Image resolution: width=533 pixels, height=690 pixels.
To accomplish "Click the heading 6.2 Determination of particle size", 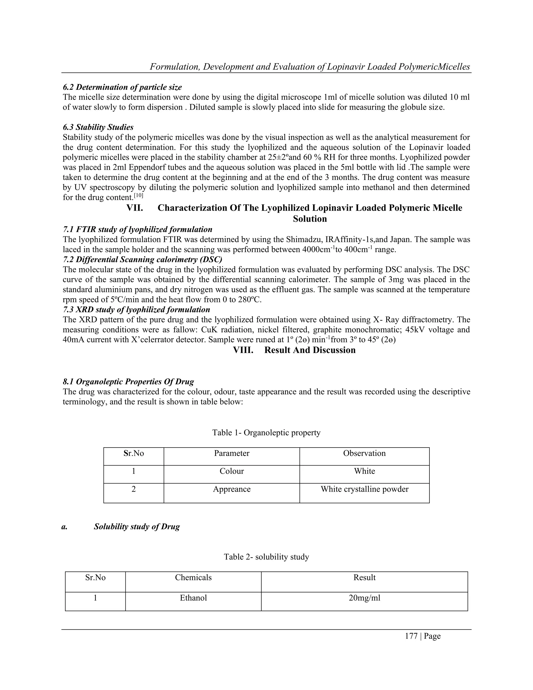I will tap(122, 87).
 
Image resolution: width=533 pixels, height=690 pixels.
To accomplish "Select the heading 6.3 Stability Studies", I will tap(98, 127).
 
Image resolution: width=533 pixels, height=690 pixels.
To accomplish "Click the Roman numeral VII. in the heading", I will tap(135, 208).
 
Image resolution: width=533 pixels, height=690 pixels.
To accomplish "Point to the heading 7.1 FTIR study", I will tap(137, 229).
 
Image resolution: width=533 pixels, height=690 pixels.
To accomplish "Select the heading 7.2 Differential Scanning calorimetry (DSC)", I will tap(142, 260).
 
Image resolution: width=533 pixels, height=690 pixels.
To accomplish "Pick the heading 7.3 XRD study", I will tap(136, 310).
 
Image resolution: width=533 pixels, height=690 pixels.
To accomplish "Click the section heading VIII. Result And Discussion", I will tap(294, 350).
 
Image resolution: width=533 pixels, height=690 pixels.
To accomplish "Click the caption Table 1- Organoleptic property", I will tap(266, 432).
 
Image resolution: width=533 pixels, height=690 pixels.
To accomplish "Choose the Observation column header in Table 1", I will tap(364, 453).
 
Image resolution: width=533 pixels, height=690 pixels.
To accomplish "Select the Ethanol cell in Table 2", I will tap(193, 598).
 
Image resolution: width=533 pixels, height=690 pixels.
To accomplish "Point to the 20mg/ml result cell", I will tap(364, 598).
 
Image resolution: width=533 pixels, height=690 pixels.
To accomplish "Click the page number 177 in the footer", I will tap(411, 636).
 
